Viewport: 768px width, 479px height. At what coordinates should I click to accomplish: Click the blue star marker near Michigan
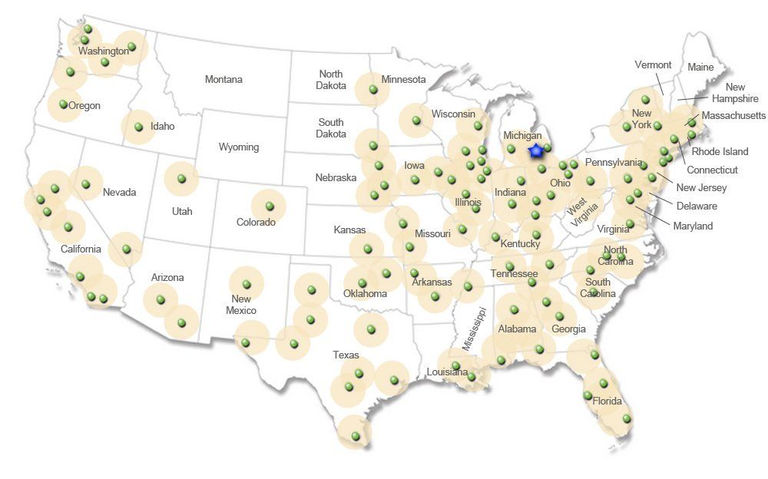(x=536, y=151)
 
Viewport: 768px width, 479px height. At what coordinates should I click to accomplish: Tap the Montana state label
(x=223, y=79)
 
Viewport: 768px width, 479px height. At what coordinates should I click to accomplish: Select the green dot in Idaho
(x=139, y=127)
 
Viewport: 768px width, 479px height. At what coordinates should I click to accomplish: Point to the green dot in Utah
(x=181, y=179)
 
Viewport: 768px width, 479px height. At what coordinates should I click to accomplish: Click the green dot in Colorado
(x=270, y=206)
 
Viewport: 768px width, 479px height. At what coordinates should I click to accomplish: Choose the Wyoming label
(x=239, y=147)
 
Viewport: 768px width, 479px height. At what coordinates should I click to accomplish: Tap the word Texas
(x=346, y=355)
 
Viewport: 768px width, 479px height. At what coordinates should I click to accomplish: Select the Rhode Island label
(x=720, y=151)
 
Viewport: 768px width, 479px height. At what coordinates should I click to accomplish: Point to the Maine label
(x=700, y=67)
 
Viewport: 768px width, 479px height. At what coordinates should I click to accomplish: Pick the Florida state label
(x=607, y=401)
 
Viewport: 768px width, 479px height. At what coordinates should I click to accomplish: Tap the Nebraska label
(x=336, y=177)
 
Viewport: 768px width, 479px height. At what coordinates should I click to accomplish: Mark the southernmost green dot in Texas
(x=356, y=436)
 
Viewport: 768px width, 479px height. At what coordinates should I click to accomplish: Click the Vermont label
(x=653, y=64)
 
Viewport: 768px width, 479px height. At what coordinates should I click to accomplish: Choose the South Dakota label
(x=331, y=127)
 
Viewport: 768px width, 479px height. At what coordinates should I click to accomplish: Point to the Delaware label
(x=697, y=206)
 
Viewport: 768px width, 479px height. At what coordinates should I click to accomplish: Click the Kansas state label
(x=349, y=230)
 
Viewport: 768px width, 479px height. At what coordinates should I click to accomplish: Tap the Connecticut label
(x=712, y=170)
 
